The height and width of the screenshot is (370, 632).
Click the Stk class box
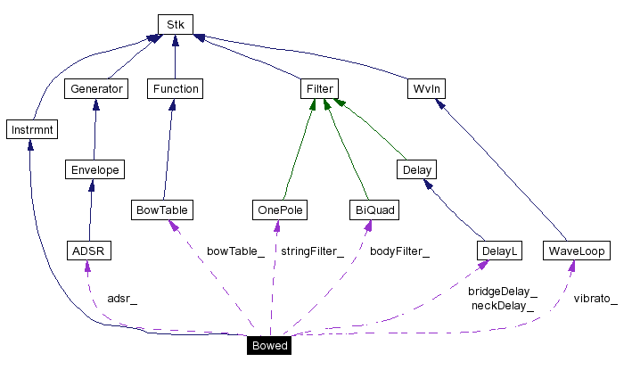pos(175,24)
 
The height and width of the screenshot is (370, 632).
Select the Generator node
pos(95,88)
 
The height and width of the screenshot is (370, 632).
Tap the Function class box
pos(175,88)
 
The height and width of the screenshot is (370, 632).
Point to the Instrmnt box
pos(30,129)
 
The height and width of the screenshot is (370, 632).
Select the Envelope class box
pos(95,169)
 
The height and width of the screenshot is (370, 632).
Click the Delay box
pos(416,169)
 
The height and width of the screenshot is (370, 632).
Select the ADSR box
pos(88,251)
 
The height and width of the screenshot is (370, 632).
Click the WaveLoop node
pos(577,251)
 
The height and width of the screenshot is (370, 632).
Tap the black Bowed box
pos(268,345)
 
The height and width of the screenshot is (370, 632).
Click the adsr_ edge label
pos(122,298)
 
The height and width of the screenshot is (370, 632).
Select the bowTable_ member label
pos(235,251)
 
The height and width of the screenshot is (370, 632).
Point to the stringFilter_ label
pos(312,251)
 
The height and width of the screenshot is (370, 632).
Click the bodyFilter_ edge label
pos(399,251)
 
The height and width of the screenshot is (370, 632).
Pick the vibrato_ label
pos(595,298)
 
